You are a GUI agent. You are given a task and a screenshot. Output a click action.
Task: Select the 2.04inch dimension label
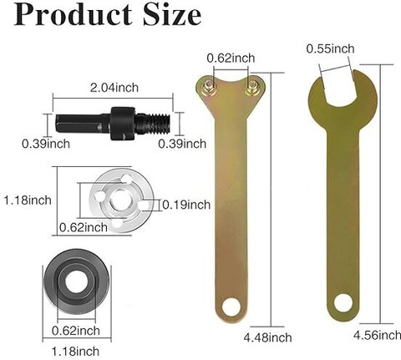114,88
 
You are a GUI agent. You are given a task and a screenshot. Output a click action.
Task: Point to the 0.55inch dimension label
331,48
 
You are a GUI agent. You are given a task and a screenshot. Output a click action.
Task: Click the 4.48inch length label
268,337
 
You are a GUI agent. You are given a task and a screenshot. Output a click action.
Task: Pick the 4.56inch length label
378,335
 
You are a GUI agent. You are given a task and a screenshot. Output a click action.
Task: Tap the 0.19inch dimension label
186,205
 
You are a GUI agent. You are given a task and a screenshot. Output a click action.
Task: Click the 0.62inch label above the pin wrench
231,58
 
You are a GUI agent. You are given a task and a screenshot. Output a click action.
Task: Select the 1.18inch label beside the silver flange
28,200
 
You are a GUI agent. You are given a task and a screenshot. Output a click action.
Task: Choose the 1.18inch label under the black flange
75,352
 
